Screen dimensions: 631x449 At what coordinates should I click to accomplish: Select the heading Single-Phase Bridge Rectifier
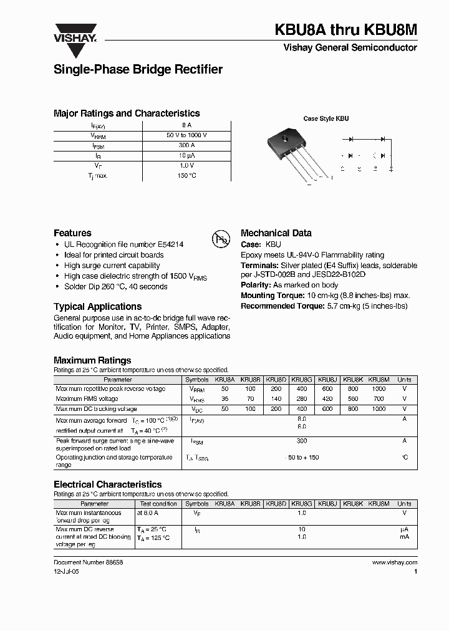pos(138,70)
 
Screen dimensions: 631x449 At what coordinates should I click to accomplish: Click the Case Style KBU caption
pos(326,118)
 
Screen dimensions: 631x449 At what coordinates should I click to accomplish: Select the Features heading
pos(72,233)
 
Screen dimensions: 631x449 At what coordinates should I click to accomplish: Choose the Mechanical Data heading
pos(276,233)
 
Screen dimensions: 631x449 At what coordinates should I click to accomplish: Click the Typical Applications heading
pos(97,307)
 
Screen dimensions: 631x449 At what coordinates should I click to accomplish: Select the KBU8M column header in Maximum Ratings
pos(379,379)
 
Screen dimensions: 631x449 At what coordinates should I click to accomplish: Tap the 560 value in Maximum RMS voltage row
pos(353,398)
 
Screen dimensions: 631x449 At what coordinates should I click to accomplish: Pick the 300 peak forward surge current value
pos(302,440)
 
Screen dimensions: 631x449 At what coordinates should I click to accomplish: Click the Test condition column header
pos(158,503)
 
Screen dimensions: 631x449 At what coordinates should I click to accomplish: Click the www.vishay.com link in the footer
pos(395,562)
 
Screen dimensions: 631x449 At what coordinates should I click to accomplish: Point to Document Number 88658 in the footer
pos(89,562)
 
